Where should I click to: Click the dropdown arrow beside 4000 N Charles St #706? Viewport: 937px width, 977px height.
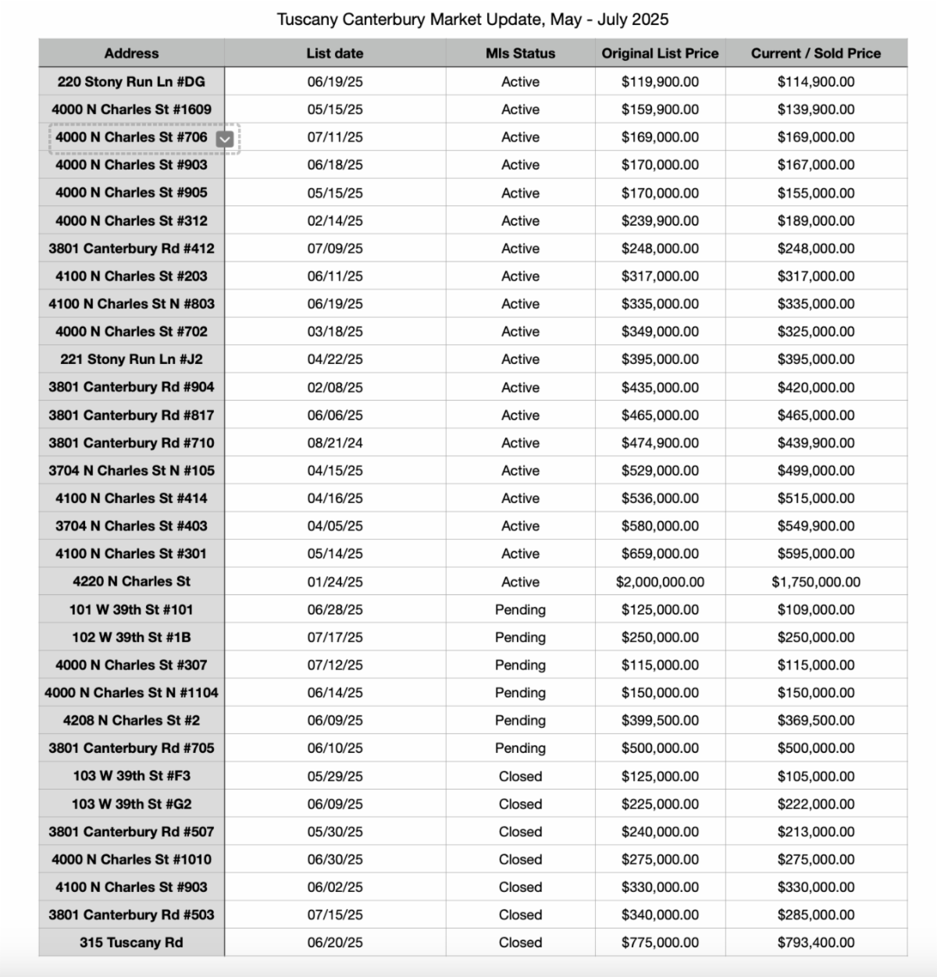click(225, 138)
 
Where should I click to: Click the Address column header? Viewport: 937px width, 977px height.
click(131, 53)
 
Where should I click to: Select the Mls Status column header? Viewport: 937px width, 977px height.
click(520, 53)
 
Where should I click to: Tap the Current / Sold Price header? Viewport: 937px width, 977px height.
click(815, 53)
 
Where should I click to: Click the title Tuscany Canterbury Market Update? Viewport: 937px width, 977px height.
click(472, 19)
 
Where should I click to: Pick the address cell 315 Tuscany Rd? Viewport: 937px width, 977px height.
click(131, 943)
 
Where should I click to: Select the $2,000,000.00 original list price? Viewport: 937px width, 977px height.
click(660, 582)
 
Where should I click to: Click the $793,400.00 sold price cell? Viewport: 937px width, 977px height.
click(815, 943)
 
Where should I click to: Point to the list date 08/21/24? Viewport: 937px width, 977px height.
click(335, 443)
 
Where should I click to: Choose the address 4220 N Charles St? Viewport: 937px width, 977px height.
click(131, 582)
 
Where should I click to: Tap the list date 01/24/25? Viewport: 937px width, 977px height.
click(335, 582)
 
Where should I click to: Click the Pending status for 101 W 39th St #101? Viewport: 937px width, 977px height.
click(520, 610)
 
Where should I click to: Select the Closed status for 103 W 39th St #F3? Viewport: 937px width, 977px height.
click(520, 776)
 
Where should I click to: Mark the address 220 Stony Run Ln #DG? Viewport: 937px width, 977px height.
click(131, 82)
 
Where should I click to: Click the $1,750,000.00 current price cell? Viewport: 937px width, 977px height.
click(815, 582)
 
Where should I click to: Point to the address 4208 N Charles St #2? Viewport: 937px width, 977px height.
click(131, 721)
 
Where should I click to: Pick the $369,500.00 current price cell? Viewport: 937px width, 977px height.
click(815, 721)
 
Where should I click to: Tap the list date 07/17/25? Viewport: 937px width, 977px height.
click(335, 637)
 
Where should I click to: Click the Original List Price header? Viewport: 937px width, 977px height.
click(660, 53)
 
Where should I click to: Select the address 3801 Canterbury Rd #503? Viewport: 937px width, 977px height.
click(131, 915)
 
